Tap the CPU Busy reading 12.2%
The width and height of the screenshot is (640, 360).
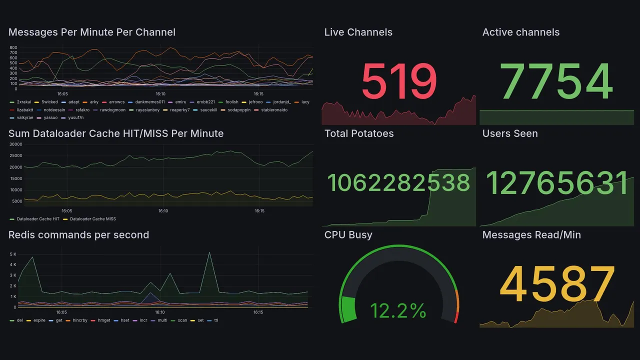click(x=398, y=311)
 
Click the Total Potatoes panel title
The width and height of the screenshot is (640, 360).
click(x=359, y=133)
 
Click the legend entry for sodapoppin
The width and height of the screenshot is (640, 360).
click(x=239, y=110)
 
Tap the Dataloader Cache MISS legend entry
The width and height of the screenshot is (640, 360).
click(x=92, y=219)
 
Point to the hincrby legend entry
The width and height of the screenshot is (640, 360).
click(x=79, y=320)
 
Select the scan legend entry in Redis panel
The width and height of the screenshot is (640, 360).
click(x=182, y=320)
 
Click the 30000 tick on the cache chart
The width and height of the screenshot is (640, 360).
click(x=16, y=144)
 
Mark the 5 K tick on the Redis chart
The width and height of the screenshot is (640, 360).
click(x=13, y=254)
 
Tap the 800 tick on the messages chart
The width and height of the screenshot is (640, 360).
click(x=13, y=47)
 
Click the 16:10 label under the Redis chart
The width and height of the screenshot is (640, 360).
click(x=160, y=312)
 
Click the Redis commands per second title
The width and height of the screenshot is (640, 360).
click(x=78, y=235)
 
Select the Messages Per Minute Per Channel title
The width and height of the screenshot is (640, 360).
click(x=92, y=32)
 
